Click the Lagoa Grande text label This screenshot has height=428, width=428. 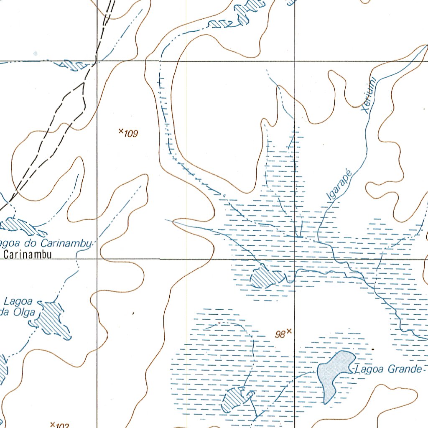[387, 369]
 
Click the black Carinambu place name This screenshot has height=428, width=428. [28, 254]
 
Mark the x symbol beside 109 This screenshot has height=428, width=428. [121, 131]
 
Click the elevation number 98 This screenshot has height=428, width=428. [280, 334]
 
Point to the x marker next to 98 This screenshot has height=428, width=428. [288, 332]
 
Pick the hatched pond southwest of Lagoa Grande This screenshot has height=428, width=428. [234, 399]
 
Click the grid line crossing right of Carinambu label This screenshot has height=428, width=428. [97, 259]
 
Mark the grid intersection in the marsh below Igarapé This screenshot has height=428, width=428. [295, 259]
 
